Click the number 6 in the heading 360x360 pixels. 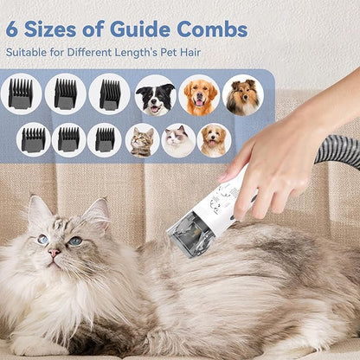[x=13, y=29]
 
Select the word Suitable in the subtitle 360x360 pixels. [x=25, y=53]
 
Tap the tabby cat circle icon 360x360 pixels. [x=142, y=140]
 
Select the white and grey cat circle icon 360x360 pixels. [x=178, y=140]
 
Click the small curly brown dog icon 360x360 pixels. [x=214, y=140]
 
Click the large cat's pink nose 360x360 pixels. [x=54, y=254]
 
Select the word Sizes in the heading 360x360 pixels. [x=56, y=29]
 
